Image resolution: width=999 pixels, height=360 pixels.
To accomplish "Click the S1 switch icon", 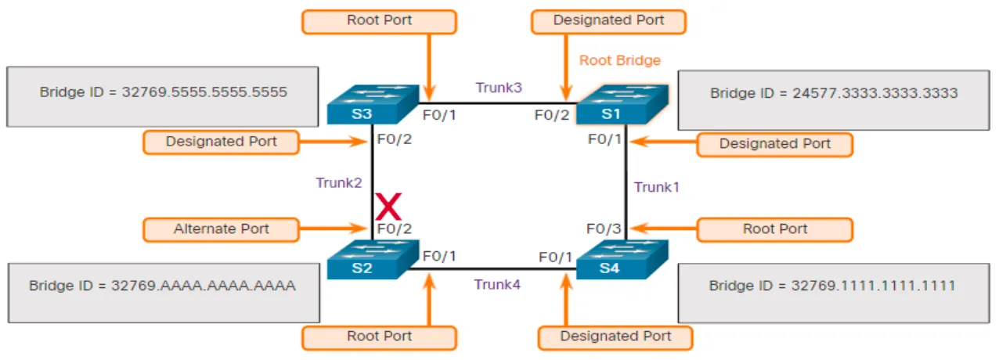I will (622, 105).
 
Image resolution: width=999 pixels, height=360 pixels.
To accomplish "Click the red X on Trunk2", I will (388, 207).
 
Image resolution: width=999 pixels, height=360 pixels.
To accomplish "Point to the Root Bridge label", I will (620, 60).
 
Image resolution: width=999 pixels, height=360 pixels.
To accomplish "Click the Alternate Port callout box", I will (222, 229).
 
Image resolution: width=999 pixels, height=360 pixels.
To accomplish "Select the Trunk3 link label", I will (499, 88).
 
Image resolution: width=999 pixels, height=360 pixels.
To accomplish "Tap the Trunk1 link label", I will (658, 187).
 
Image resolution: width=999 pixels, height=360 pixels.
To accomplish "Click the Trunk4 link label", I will (497, 284).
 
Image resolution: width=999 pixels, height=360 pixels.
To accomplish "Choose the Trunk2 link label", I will (339, 182).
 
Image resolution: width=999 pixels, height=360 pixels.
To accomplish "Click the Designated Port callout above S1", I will (608, 21).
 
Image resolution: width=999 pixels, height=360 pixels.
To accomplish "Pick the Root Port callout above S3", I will (379, 21).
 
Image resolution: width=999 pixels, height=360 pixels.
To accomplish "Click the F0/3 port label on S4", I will (604, 229).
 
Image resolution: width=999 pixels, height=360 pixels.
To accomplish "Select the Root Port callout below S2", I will (379, 337).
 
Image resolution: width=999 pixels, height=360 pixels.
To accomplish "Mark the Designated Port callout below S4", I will (616, 337).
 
